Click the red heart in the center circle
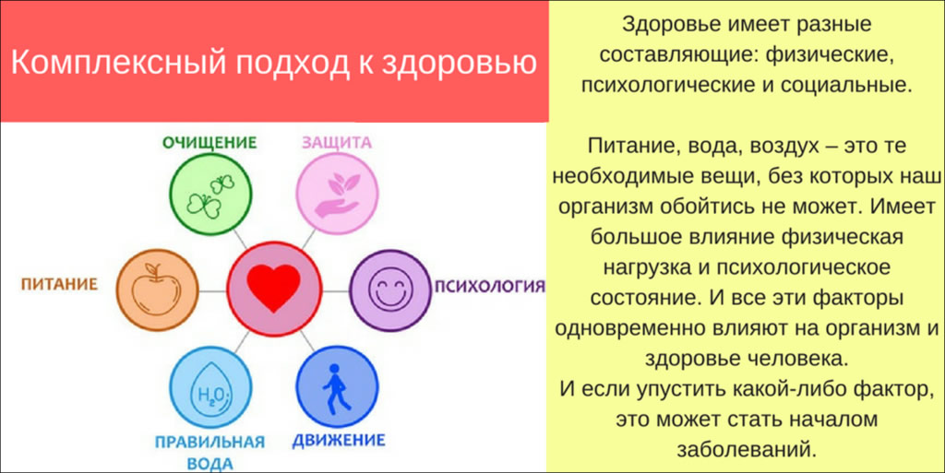click(x=277, y=288)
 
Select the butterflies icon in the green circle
click(x=211, y=196)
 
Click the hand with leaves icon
click(x=336, y=195)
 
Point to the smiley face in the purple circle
click(x=392, y=288)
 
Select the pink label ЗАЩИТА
click(x=336, y=143)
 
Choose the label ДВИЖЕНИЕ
click(x=339, y=440)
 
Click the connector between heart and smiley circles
click(x=338, y=288)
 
